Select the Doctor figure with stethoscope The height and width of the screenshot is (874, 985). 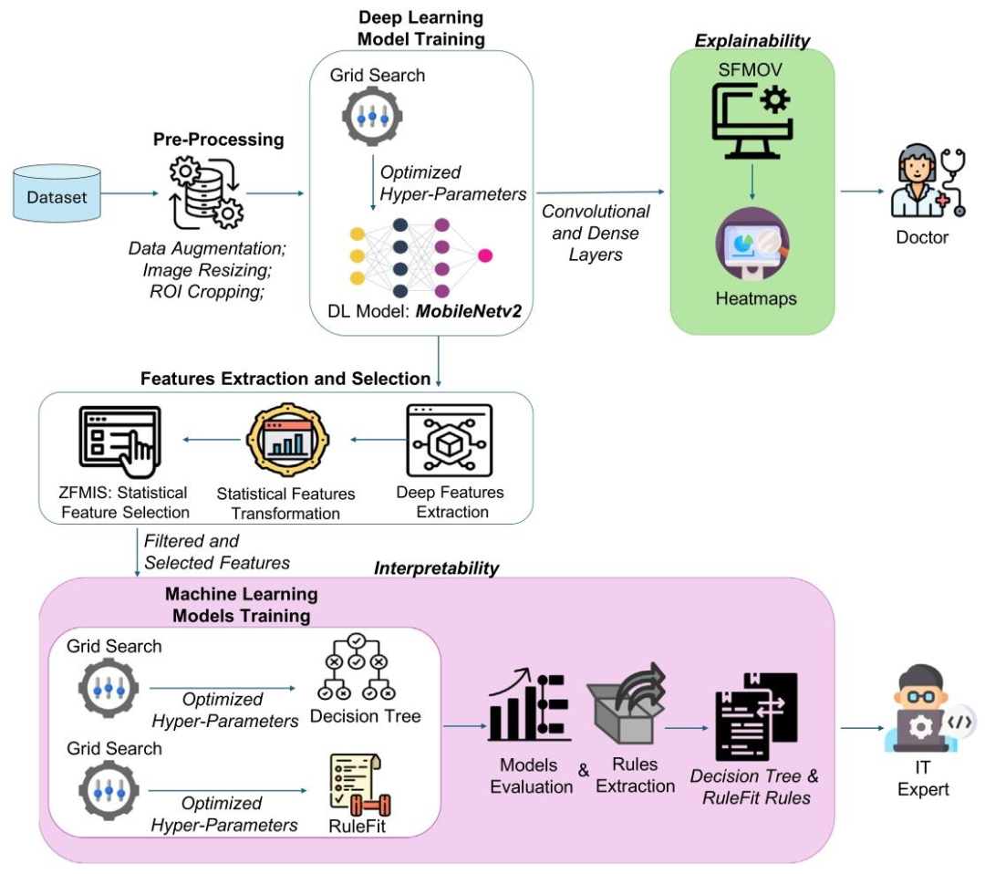[924, 185]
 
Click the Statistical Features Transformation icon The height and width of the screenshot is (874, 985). [285, 442]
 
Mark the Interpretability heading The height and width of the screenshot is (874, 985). [437, 568]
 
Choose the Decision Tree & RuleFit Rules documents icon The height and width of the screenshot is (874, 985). [753, 717]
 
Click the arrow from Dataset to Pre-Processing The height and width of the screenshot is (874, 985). [128, 193]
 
